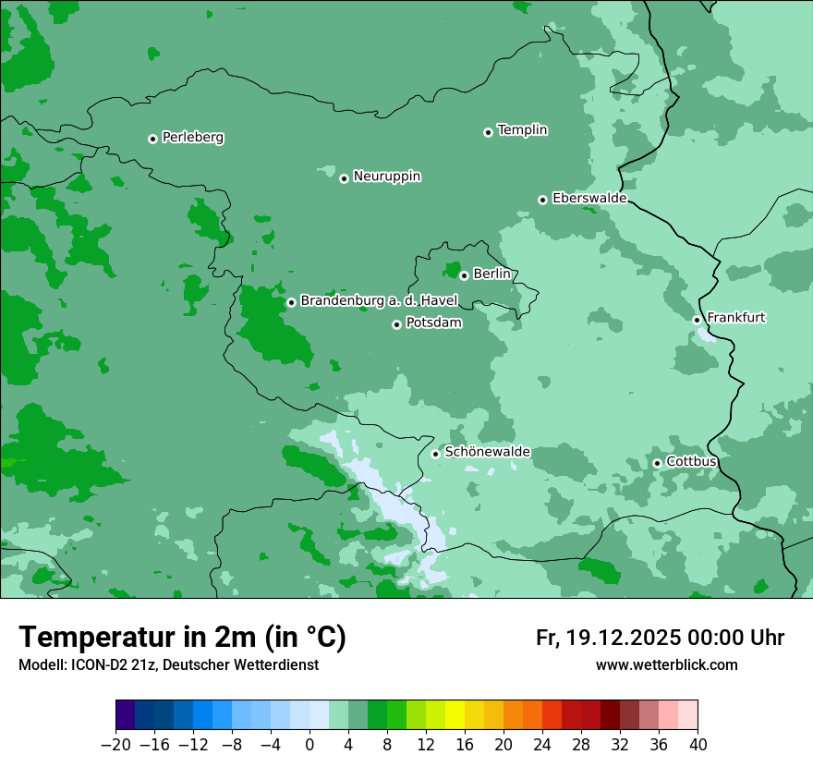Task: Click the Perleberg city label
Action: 192,138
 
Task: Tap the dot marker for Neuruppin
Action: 344,178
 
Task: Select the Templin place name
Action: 522,130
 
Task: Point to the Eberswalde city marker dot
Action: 543,200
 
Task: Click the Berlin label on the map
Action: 491,274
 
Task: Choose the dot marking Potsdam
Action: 397,324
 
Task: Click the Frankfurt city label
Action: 735,318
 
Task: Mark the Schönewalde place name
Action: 487,452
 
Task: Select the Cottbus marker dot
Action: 657,463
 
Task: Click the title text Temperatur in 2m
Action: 182,637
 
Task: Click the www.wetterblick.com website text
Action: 666,664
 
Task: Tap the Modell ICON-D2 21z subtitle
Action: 167,664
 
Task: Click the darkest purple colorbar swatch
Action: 125,714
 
